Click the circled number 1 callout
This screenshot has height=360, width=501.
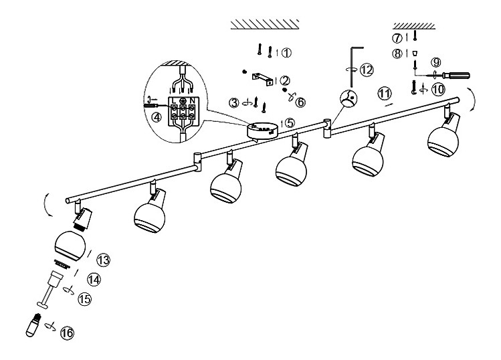tap(286, 52)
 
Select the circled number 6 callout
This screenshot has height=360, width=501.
tap(300, 102)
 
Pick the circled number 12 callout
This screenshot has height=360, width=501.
tap(366, 69)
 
